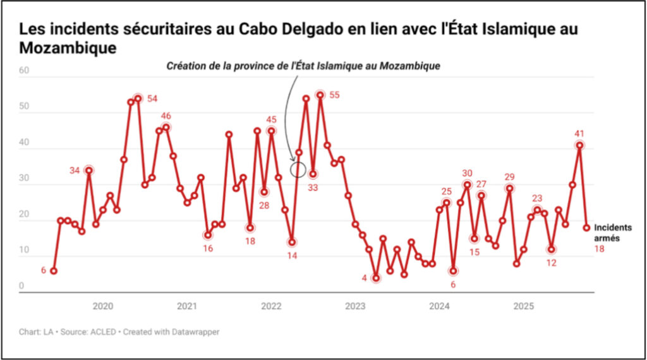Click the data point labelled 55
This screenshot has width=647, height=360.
tap(320, 95)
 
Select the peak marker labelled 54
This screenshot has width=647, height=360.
tap(138, 99)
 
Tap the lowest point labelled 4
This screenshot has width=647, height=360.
tap(376, 278)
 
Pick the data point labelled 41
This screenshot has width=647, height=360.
tap(579, 145)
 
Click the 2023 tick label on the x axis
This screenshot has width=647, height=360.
tap(355, 306)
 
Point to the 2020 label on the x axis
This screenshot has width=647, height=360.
tap(103, 306)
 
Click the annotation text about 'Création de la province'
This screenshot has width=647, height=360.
tap(303, 66)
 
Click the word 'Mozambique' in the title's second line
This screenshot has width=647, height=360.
tap(68, 48)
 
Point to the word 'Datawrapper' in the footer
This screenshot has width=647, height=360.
tap(192, 332)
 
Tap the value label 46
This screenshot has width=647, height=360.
tap(166, 116)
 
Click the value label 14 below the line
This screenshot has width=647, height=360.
tap(292, 256)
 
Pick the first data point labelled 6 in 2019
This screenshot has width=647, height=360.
tap(54, 271)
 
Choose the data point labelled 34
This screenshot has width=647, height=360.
tap(89, 170)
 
